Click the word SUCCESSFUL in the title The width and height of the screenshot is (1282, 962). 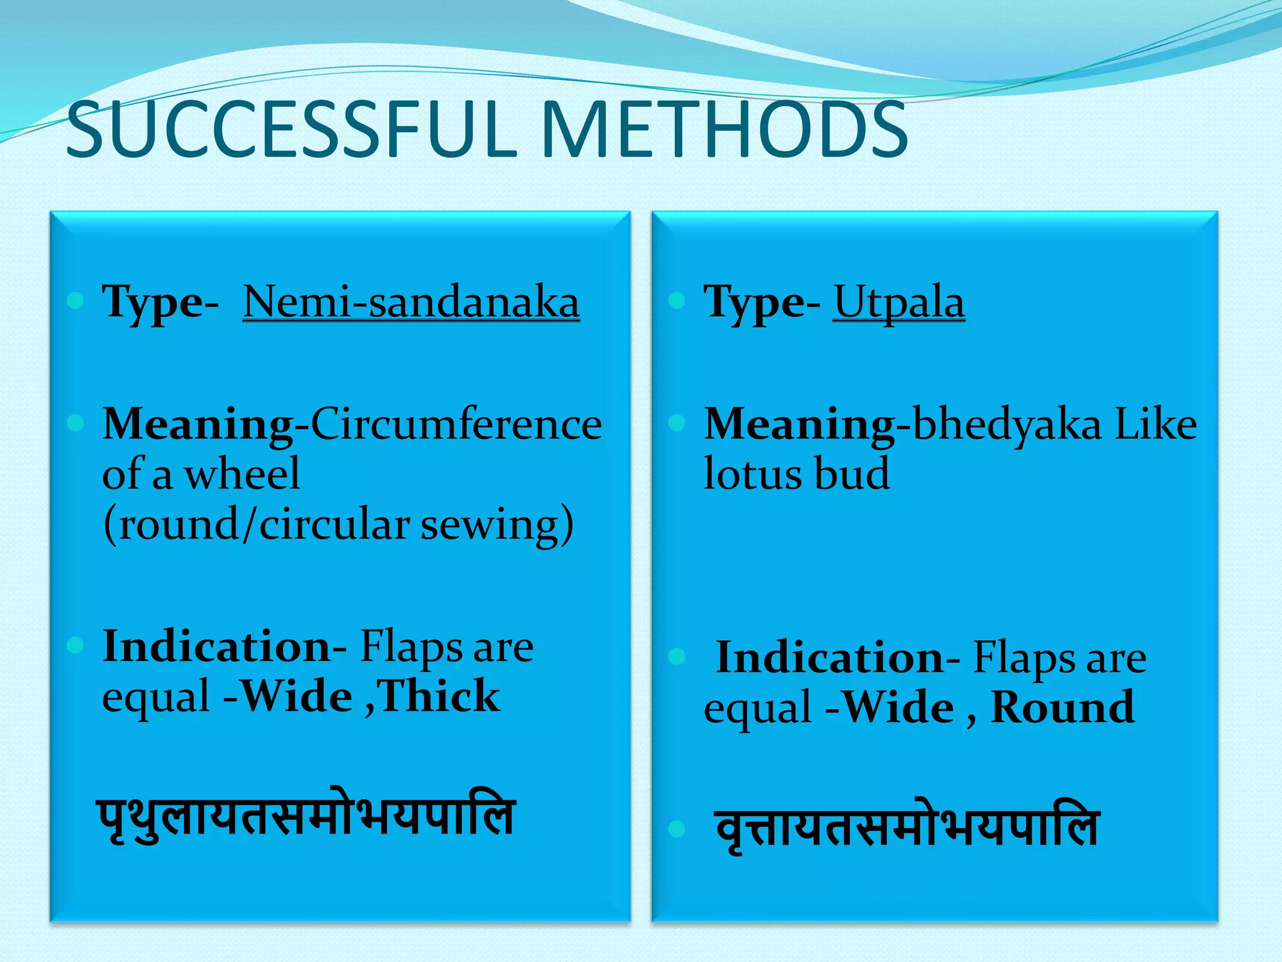[x=291, y=130]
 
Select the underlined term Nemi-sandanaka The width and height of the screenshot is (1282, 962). [x=411, y=303]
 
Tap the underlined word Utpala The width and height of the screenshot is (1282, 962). [x=898, y=303]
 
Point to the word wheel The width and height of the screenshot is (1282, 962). [x=242, y=474]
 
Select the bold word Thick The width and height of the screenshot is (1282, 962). [x=438, y=696]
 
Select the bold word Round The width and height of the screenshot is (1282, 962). [x=1062, y=708]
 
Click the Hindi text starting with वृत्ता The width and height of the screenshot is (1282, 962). [x=907, y=828]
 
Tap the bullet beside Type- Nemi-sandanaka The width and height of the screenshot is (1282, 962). [x=75, y=301]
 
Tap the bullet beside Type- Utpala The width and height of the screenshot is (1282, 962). [x=677, y=301]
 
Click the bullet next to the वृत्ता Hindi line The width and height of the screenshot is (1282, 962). [x=677, y=829]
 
